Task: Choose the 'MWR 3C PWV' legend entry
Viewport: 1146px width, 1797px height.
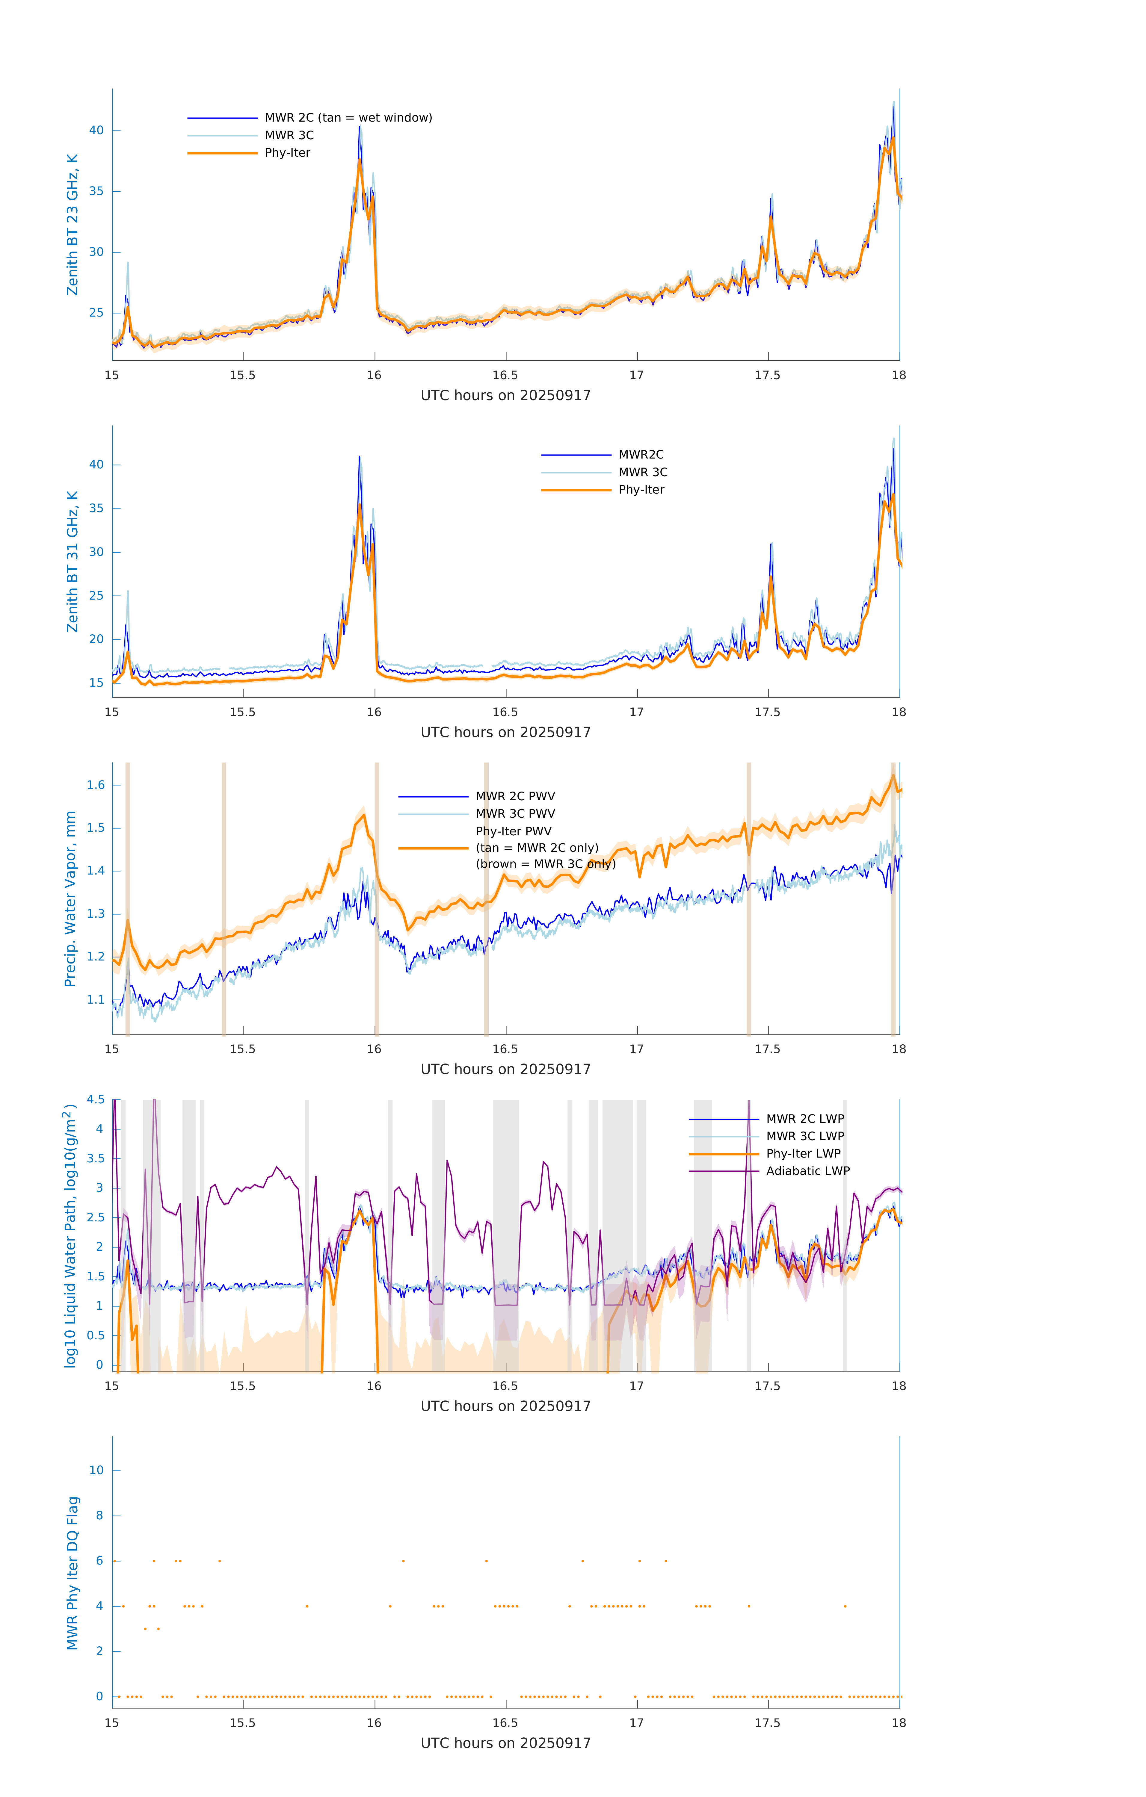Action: [x=515, y=813]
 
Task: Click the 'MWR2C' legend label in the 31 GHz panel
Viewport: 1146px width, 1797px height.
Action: [x=641, y=454]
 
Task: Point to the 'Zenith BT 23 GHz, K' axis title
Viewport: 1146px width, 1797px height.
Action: [x=73, y=225]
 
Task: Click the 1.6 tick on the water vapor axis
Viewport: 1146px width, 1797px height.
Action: [x=96, y=785]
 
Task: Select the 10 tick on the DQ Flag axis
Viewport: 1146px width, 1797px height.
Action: [x=96, y=1470]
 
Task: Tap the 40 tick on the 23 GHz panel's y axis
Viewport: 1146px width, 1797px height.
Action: [x=96, y=131]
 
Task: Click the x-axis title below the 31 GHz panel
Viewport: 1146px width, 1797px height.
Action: [x=505, y=732]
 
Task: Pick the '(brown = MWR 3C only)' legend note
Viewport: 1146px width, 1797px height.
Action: [x=546, y=864]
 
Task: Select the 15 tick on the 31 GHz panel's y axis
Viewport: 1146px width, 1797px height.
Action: [x=96, y=683]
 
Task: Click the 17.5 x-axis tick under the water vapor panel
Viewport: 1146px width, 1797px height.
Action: [x=768, y=1049]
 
